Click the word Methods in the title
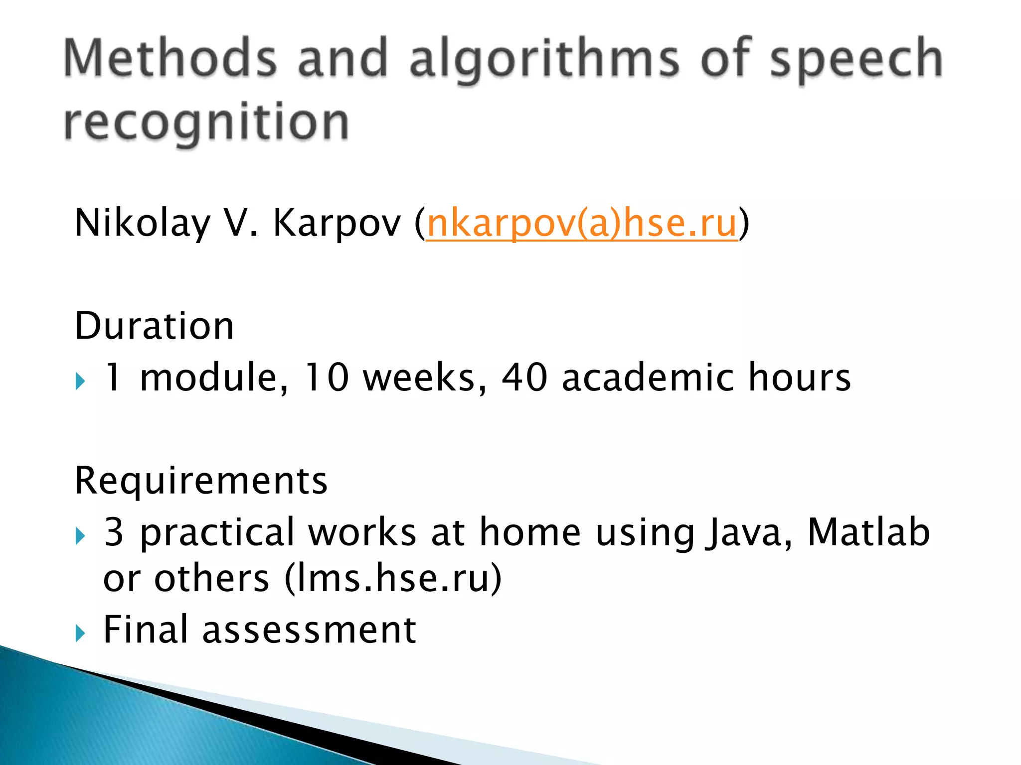point(170,58)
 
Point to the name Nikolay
point(142,223)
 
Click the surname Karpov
point(337,223)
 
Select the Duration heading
point(154,326)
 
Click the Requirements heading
point(201,481)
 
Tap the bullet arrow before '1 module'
point(80,382)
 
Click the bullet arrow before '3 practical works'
point(80,536)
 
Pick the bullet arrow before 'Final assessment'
point(80,634)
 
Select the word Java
point(748,532)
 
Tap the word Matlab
point(868,531)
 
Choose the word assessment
point(309,630)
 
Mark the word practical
point(217,532)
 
